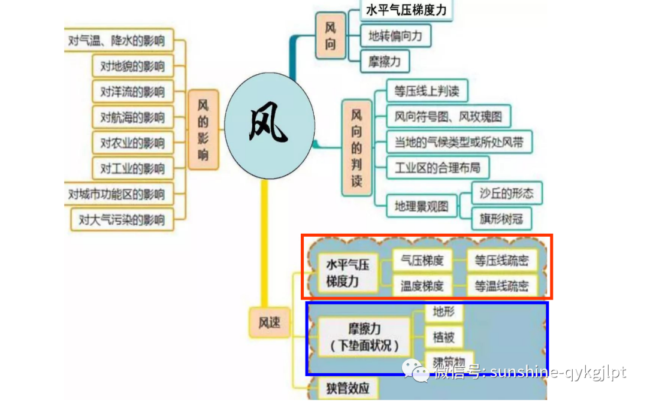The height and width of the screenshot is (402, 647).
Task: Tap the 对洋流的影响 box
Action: coord(133,92)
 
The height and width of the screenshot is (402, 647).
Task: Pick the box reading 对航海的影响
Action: coord(133,117)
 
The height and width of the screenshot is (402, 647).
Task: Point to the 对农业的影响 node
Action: coord(133,143)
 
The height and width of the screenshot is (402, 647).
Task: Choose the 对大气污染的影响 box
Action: coord(122,220)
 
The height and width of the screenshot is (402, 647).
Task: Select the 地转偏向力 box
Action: coord(395,36)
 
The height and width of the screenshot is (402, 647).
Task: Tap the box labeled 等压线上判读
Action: coord(427,91)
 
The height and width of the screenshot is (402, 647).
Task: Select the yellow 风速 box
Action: coord(265,324)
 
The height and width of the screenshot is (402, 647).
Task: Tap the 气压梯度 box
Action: coord(422,261)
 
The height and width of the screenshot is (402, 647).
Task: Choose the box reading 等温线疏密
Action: coord(501,286)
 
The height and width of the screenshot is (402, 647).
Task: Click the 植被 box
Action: coord(443,337)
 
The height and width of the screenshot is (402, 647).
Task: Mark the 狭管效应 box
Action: coord(343,388)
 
